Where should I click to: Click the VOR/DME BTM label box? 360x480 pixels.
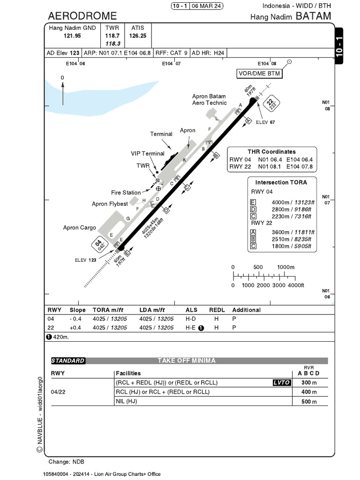[260, 74]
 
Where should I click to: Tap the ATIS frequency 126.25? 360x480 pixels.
[138, 36]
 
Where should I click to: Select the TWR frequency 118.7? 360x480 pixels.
[112, 36]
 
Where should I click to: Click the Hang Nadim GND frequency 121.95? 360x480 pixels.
[72, 36]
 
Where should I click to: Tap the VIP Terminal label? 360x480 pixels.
[147, 154]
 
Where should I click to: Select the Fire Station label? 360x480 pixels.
[126, 193]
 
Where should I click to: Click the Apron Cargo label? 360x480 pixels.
[80, 228]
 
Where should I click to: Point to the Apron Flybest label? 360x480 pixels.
[109, 204]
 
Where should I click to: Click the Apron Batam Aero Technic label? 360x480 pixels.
[209, 99]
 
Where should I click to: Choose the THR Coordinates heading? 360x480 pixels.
[271, 152]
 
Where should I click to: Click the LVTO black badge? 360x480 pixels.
[281, 382]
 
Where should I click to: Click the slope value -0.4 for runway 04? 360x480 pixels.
[75, 319]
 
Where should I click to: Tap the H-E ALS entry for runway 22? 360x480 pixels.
[191, 328]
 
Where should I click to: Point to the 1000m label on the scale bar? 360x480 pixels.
[285, 267]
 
